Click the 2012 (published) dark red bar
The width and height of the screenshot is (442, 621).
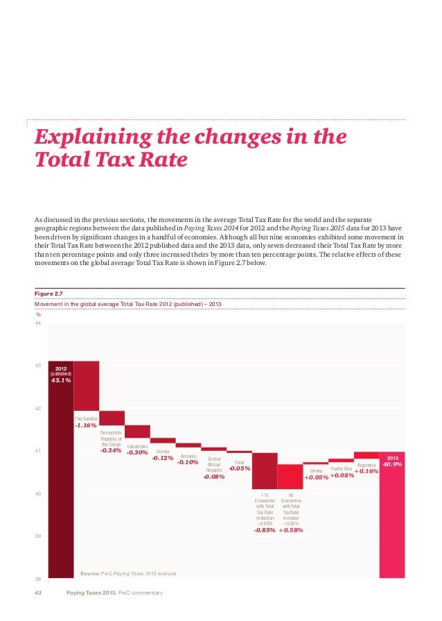click(61, 486)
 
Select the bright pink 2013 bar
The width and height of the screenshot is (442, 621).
click(392, 520)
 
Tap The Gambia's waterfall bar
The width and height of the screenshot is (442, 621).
click(87, 385)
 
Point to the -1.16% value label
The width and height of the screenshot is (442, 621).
click(86, 425)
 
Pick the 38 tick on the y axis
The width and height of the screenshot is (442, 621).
click(39, 578)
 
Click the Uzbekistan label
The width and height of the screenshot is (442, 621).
click(137, 446)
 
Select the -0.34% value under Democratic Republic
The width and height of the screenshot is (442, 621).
click(111, 450)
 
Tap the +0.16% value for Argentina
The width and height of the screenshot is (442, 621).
click(366, 471)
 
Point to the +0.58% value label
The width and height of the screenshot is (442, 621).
click(290, 530)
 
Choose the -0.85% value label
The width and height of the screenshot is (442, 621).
click(265, 530)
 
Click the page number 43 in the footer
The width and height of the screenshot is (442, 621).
click(39, 593)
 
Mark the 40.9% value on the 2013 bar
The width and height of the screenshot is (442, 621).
click(393, 464)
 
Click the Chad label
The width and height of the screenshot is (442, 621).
click(239, 462)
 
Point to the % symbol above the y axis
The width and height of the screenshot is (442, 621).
click(39, 314)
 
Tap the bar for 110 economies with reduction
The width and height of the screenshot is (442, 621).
click(265, 470)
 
